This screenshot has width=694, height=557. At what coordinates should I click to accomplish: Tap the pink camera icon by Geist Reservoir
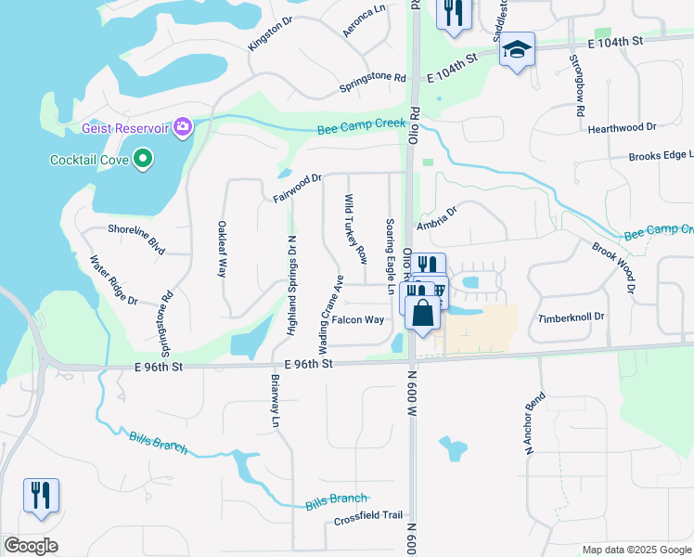pos(183,126)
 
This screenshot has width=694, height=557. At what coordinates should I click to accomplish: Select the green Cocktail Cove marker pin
pos(142,160)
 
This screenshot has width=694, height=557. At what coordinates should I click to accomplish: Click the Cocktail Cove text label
pos(89,160)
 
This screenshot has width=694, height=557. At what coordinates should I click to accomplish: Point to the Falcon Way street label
pos(358,319)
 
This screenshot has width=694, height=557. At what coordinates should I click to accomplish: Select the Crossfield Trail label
pos(368,515)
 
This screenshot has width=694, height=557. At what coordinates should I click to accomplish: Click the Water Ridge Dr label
pos(112,281)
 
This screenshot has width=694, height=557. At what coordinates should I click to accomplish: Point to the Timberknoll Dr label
pos(572,317)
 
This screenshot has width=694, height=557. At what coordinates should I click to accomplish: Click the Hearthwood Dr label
pos(622,127)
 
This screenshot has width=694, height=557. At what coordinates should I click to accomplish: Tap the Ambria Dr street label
pos(437,218)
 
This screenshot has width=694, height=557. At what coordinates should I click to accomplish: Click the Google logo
pos(32,546)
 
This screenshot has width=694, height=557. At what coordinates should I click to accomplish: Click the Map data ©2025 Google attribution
pos(636,550)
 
